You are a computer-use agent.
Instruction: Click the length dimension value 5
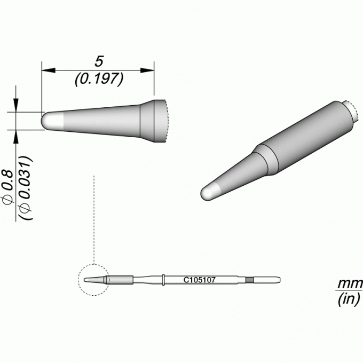[x=99, y=61]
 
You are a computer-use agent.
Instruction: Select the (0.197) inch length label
[x=99, y=79]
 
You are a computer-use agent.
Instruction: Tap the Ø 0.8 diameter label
[x=8, y=187]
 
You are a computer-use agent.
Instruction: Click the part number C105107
[x=200, y=280]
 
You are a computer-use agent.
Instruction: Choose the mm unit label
[x=350, y=283]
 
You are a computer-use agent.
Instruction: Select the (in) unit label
[x=349, y=299]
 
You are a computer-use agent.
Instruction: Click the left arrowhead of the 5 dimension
[x=49, y=70]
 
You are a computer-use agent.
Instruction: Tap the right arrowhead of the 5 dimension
[x=147, y=70]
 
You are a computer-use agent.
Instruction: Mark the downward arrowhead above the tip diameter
[x=15, y=105]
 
